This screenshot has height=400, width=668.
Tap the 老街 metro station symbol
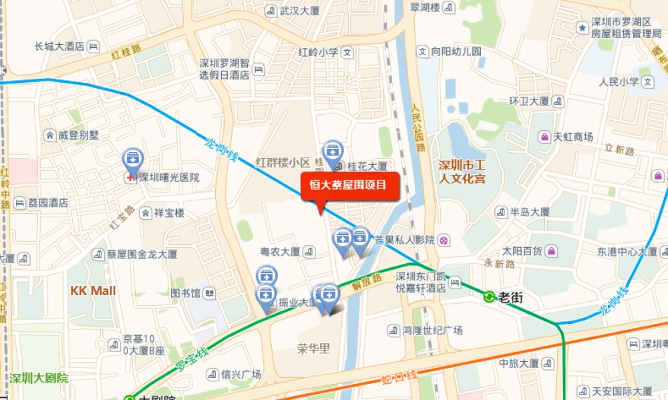pos(490,297)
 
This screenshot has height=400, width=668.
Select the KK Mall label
pos(94,291)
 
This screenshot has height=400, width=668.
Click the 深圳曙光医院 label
pos(169,178)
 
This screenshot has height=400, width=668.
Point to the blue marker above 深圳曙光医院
pos(133,160)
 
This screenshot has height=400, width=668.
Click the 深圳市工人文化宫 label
pos(462,171)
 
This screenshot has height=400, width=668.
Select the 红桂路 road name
pos(127,51)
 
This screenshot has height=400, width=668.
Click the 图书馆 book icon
pos(210,293)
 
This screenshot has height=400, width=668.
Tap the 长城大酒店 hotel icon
pos(94,46)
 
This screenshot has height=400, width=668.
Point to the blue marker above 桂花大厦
pos(332,151)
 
